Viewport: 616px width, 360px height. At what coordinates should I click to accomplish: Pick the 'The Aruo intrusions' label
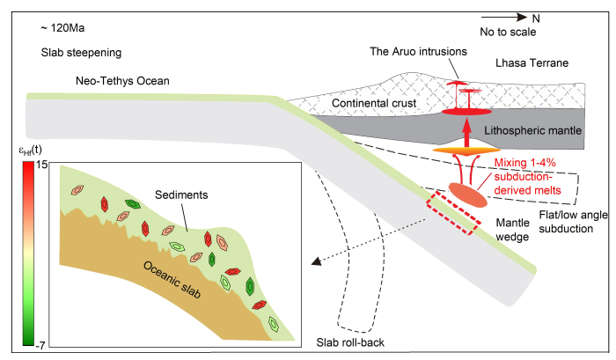(x=417, y=52)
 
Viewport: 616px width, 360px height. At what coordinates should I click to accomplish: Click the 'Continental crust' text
(x=374, y=104)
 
